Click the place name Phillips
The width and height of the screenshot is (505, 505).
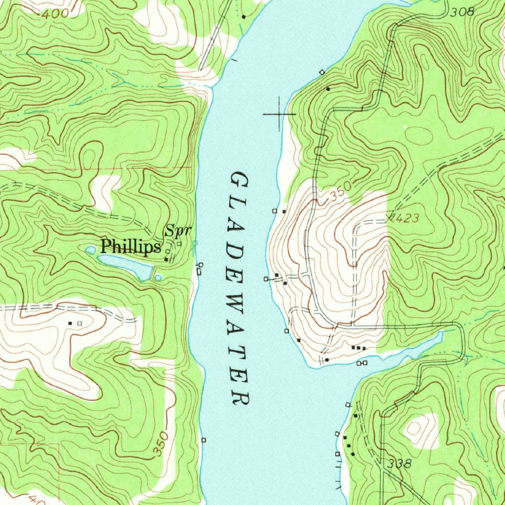pyautogui.click(x=131, y=247)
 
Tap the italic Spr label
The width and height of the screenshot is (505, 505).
pyautogui.click(x=178, y=230)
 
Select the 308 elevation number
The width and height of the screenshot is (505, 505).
pyautogui.click(x=462, y=12)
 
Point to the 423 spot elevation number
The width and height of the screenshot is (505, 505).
pyautogui.click(x=406, y=217)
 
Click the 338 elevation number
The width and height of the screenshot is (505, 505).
pyautogui.click(x=399, y=464)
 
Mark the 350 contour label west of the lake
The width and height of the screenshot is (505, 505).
pyautogui.click(x=161, y=443)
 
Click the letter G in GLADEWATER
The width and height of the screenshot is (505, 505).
pyautogui.click(x=238, y=180)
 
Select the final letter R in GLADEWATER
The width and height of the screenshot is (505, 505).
pyautogui.click(x=241, y=397)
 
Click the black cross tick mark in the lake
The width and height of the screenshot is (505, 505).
pyautogui.click(x=280, y=114)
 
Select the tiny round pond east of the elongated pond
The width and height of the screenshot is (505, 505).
pyautogui.click(x=158, y=278)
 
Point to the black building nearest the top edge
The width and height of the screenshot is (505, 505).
pyautogui.click(x=244, y=17)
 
